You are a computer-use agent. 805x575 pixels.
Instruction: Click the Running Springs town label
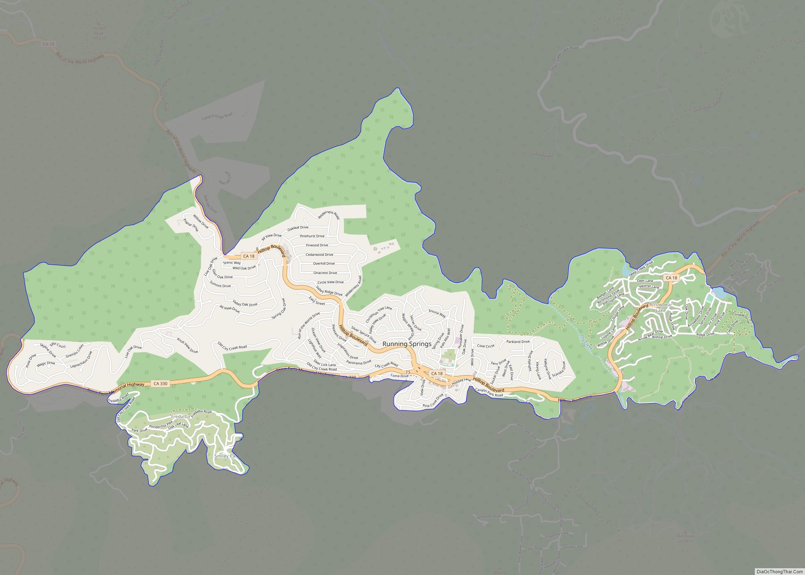click(407, 344)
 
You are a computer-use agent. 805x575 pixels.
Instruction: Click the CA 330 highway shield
click(160, 384)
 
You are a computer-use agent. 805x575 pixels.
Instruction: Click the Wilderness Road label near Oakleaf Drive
click(329, 215)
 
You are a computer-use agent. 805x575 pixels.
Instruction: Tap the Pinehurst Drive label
click(312, 236)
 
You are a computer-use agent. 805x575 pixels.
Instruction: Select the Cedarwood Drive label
click(319, 255)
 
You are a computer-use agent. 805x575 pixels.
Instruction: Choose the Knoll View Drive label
click(187, 345)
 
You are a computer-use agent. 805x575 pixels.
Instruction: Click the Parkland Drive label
click(518, 341)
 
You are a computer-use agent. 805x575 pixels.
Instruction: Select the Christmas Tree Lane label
click(378, 314)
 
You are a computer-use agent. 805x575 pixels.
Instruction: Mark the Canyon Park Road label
click(489, 392)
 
